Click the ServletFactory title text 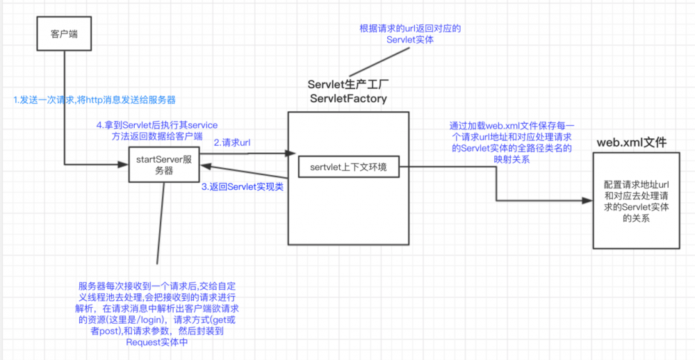[x=348, y=99]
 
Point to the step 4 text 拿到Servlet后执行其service [x=156, y=125]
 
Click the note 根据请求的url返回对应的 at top [x=410, y=28]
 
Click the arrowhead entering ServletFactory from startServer [x=284, y=153]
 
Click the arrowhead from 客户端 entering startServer [x=125, y=165]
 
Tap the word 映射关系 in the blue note [x=512, y=157]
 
